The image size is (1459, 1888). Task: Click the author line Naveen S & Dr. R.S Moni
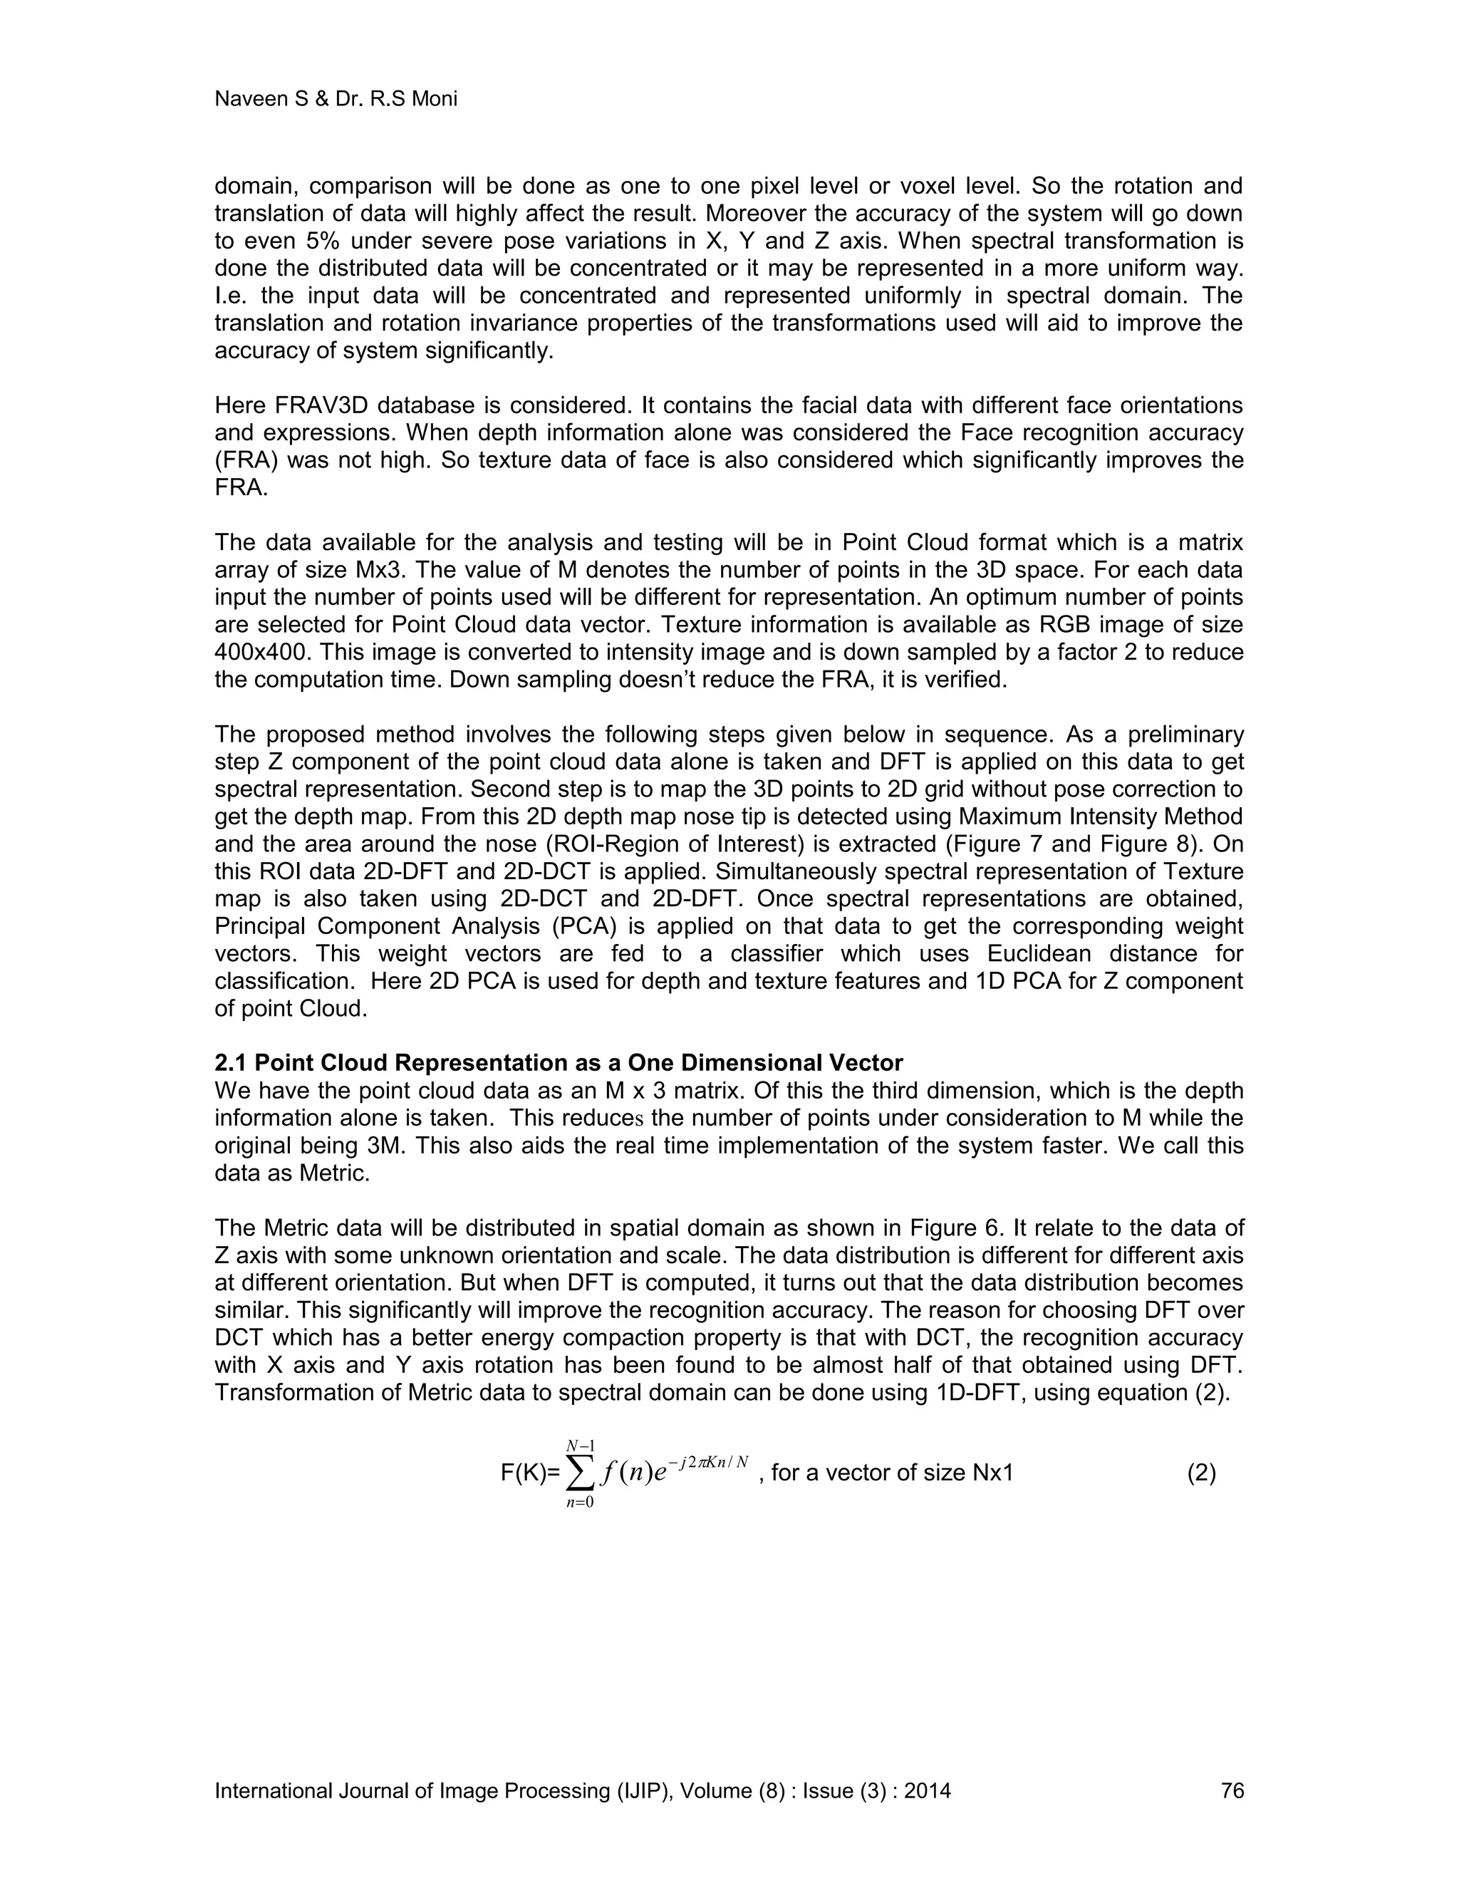[336, 100]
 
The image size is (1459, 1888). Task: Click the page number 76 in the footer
[1232, 1790]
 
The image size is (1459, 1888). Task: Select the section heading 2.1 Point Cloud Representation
[559, 1062]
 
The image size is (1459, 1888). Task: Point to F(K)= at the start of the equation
[531, 1473]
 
